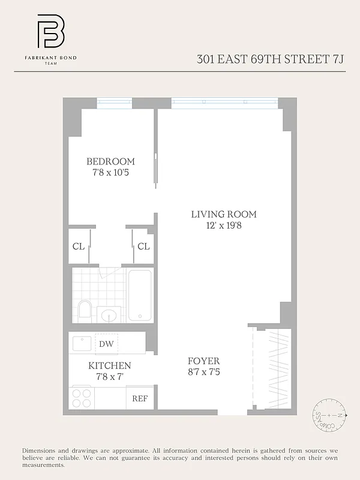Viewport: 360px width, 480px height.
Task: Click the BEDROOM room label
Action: tap(110, 161)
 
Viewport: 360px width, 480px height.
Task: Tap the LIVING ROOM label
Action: tap(224, 214)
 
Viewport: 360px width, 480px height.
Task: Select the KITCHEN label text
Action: tap(110, 365)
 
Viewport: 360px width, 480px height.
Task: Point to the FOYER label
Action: tap(203, 361)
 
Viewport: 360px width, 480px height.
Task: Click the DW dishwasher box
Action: tap(106, 344)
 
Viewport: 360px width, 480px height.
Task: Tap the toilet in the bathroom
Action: tap(85, 310)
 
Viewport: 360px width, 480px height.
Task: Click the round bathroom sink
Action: tap(109, 314)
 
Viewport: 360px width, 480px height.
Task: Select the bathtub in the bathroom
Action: tap(140, 295)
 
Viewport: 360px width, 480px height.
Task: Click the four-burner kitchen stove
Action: tap(82, 398)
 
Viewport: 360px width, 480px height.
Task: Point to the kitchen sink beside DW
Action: tap(82, 343)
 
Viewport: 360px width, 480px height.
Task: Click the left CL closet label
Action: tap(79, 246)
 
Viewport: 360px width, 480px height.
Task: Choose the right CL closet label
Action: tap(143, 246)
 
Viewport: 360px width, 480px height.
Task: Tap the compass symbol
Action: tap(329, 415)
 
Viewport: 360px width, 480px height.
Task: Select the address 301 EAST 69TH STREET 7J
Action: tap(271, 59)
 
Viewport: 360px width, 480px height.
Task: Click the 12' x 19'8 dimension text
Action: tap(224, 226)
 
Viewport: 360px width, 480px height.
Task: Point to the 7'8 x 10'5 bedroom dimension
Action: tap(110, 173)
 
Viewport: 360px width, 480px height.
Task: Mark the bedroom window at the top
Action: tap(115, 103)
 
